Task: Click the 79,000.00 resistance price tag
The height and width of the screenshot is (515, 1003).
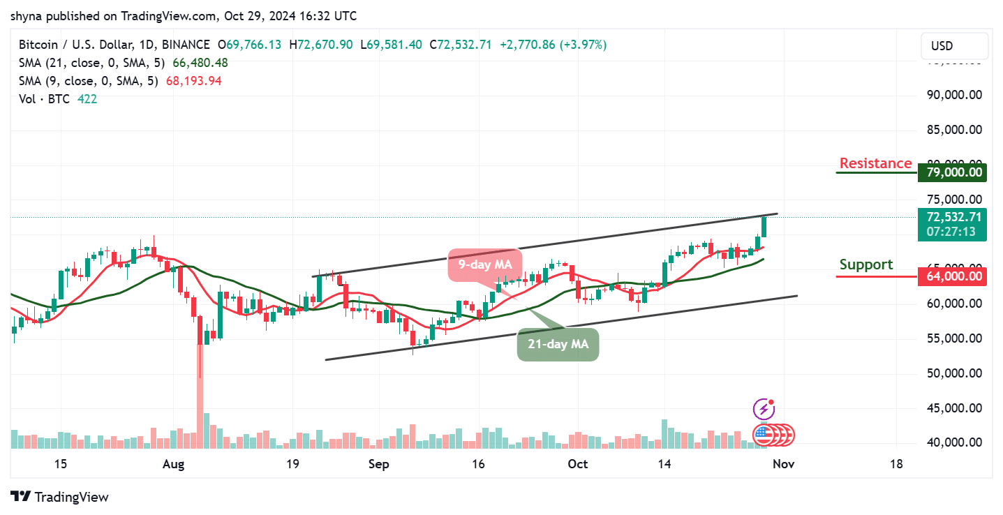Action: [952, 172]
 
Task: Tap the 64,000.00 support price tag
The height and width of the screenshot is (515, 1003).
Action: [952, 276]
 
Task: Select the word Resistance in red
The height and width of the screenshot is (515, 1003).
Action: [875, 163]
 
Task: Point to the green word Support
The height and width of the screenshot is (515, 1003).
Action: [865, 264]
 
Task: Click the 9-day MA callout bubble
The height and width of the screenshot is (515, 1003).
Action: [484, 265]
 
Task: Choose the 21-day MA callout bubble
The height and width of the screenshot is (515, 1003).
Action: [558, 344]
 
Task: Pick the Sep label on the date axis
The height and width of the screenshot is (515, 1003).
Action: [378, 464]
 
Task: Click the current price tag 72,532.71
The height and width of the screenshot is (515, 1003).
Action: [952, 217]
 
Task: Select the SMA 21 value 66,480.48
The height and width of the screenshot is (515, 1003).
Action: [197, 63]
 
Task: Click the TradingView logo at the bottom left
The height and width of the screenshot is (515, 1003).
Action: [61, 497]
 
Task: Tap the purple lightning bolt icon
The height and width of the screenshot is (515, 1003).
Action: [764, 409]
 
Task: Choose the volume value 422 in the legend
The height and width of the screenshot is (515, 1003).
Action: [87, 99]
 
